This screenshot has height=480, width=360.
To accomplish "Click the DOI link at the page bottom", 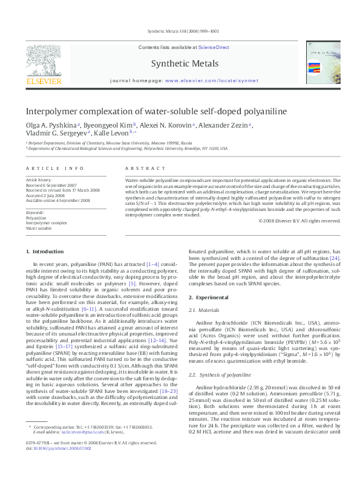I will coord(62,465).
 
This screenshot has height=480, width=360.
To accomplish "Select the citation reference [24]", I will coord(334,258).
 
